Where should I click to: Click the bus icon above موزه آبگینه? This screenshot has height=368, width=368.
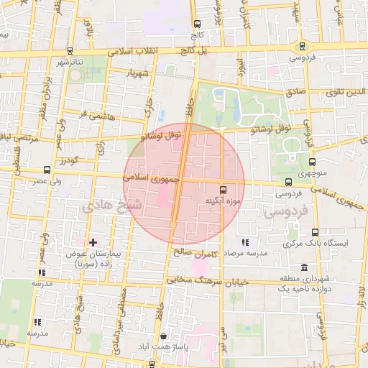click(222, 190)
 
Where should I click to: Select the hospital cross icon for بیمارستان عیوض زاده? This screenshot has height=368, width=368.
click(93, 242)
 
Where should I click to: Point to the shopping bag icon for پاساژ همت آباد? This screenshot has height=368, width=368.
click(164, 336)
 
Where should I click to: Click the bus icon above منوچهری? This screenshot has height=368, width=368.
click(312, 162)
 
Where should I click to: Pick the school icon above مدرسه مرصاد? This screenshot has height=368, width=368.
click(246, 242)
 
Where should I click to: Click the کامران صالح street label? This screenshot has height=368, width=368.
click(194, 253)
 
